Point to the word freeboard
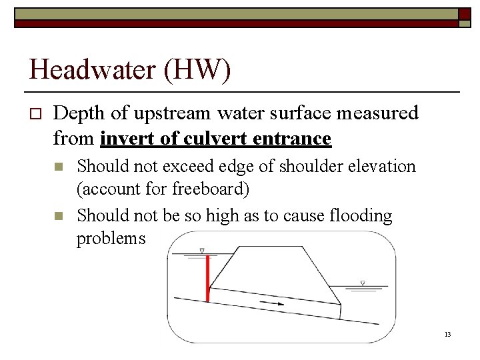[x=211, y=189]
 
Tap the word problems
[x=111, y=239]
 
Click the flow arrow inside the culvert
[x=272, y=304]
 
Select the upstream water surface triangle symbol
[x=202, y=251]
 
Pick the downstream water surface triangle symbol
[x=363, y=283]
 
